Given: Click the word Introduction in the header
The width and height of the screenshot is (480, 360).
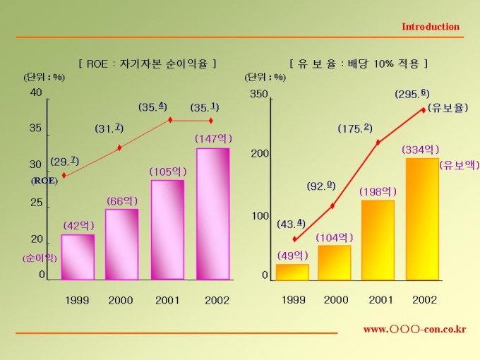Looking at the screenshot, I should tap(430, 27).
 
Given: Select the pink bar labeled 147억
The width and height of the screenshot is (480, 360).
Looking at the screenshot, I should tap(212, 213).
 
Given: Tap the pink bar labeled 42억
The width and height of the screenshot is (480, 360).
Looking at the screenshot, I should tap(78, 256).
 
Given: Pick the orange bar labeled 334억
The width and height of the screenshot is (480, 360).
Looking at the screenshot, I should tap(421, 219).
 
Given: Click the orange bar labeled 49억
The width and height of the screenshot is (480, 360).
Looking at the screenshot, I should tap(292, 272).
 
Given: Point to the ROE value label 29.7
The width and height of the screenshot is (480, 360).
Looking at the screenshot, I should tap(64, 161).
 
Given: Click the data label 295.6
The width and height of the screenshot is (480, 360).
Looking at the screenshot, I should tap(412, 93).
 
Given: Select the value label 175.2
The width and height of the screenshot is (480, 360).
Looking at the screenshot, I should tap(354, 128).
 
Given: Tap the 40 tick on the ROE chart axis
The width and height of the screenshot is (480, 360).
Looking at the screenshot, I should tap(36, 92).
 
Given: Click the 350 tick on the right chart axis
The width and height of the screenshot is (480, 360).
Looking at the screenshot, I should tap(259, 95).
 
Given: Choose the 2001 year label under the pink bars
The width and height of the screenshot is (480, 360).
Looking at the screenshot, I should tap(167, 300).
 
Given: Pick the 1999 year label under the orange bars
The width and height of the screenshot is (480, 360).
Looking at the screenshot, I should tap(294, 300).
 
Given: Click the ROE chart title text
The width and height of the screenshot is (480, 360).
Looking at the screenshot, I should tap(148, 64).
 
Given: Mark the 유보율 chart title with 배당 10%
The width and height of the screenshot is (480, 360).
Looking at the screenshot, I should tap(359, 64).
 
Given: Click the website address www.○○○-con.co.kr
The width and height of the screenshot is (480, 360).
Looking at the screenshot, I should tap(414, 329).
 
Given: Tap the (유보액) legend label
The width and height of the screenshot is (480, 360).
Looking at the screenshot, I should tap(458, 165).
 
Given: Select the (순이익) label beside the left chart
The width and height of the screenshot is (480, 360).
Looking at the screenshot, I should tap(39, 258).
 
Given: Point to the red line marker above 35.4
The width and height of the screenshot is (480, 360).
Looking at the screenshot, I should tap(169, 120).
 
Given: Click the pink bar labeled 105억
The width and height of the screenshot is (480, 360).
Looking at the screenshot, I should tap(167, 229).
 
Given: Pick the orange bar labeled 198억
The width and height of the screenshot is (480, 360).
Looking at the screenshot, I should tap(378, 240).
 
